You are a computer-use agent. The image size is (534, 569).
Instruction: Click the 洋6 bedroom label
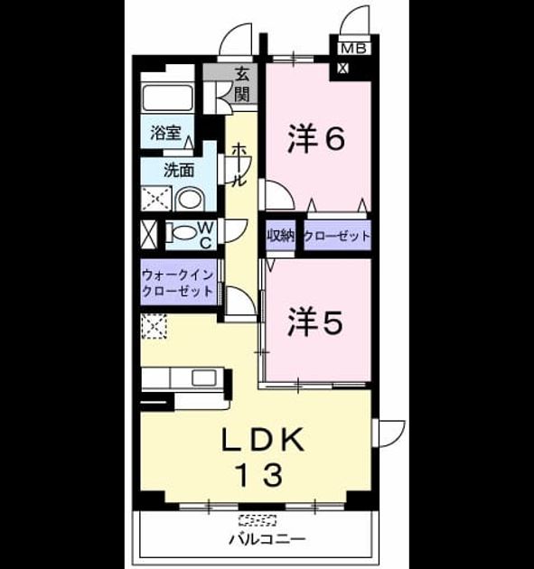316,138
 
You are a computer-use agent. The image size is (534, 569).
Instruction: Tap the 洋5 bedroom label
315,322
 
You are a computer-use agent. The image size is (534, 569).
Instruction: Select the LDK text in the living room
263,440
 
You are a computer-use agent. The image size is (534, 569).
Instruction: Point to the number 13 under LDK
259,475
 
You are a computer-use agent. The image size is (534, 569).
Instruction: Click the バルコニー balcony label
267,539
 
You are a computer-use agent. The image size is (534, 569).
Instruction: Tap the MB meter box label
353,48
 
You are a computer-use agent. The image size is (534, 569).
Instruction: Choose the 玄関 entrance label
241,85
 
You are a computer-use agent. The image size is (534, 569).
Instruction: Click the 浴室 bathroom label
165,133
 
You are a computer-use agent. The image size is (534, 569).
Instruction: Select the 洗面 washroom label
179,170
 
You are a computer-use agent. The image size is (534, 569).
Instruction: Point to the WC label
206,235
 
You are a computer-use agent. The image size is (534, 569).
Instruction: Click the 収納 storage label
281,237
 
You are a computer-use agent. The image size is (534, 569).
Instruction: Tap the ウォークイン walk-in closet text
177,275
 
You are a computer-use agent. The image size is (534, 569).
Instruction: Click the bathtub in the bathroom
167,98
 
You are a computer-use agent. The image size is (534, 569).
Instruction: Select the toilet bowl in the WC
183,233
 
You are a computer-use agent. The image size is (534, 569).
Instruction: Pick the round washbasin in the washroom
190,200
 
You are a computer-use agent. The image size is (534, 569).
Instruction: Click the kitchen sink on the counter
204,378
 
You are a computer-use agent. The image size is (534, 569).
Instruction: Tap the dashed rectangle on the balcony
258,520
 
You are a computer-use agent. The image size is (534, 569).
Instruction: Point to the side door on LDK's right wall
388,434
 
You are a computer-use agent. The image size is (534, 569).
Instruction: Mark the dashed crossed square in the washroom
156,198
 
